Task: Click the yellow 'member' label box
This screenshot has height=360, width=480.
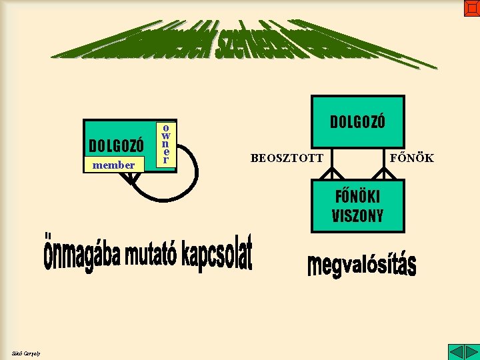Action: click(x=113, y=165)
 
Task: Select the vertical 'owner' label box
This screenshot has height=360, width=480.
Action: click(x=167, y=143)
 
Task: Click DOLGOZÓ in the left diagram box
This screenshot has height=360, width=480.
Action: click(x=116, y=145)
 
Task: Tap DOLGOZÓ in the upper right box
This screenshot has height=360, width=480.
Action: click(x=357, y=122)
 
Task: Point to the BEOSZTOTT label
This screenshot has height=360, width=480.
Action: click(x=287, y=158)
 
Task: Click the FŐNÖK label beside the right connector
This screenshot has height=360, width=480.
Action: click(x=412, y=158)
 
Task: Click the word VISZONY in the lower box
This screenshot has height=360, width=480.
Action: click(x=357, y=215)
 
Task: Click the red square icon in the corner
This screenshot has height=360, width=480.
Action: click(x=471, y=8)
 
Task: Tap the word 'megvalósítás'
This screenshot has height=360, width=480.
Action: click(x=361, y=264)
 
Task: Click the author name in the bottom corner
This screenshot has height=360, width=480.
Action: click(x=26, y=353)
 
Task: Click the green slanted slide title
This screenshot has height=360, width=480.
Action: click(x=243, y=45)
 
